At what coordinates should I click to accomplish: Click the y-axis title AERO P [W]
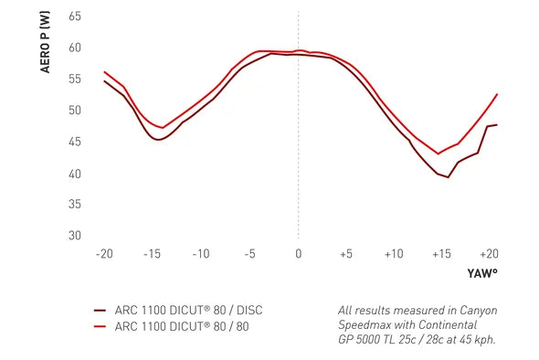[x=45, y=42]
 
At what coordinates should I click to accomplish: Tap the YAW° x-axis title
[x=482, y=273]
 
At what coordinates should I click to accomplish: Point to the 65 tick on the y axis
[x=75, y=16]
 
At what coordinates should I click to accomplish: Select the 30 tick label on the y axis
[x=75, y=235]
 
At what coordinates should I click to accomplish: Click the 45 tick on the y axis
[x=75, y=142]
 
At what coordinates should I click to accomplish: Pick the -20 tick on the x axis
[x=104, y=254]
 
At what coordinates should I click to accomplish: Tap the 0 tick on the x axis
[x=299, y=254]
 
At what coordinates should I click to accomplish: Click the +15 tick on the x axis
[x=441, y=254]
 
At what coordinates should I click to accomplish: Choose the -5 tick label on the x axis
[x=250, y=254]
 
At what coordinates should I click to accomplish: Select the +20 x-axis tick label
[x=489, y=254]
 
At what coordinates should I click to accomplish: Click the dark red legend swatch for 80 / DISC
[x=100, y=310]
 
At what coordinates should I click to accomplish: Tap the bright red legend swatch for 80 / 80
[x=100, y=326]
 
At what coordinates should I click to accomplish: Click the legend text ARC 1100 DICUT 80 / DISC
[x=189, y=310]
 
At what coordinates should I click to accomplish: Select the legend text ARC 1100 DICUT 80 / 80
[x=182, y=326]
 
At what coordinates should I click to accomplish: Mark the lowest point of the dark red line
[x=448, y=177]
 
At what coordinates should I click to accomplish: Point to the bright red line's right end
[x=497, y=94]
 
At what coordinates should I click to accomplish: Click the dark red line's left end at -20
[x=104, y=80]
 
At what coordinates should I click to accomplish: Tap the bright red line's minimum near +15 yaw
[x=438, y=154]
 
